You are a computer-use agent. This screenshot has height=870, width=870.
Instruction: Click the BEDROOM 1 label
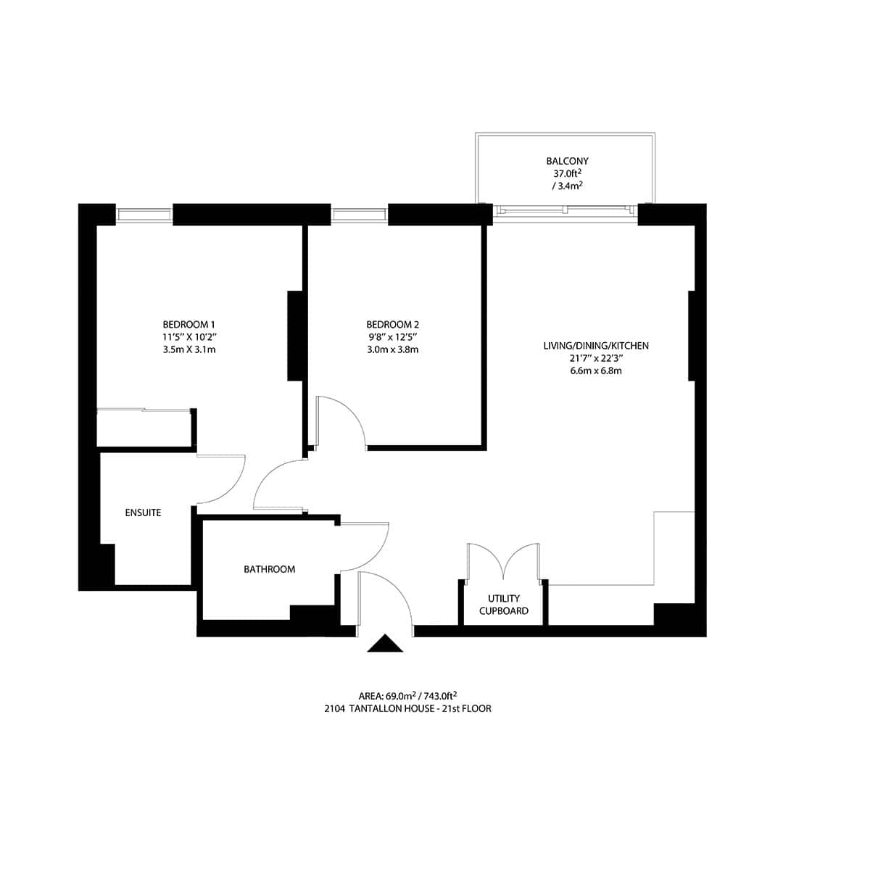click(189, 324)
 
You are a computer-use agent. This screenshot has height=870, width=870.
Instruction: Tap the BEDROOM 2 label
click(393, 324)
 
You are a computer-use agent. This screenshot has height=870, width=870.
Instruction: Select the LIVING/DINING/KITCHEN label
click(596, 346)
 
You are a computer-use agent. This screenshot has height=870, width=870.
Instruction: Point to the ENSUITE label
click(143, 513)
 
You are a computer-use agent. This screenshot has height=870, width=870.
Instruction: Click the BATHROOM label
click(269, 569)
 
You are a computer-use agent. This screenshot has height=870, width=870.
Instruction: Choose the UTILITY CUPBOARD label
click(504, 604)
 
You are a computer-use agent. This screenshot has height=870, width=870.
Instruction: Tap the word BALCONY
click(567, 161)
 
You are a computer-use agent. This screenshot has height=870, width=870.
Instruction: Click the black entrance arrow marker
click(384, 644)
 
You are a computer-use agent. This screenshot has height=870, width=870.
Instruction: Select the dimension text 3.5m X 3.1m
click(189, 349)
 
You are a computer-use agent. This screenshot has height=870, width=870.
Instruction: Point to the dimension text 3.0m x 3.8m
click(393, 349)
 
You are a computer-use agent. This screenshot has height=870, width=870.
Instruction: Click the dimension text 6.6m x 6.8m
click(596, 370)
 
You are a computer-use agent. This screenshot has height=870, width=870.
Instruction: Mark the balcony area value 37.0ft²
click(567, 174)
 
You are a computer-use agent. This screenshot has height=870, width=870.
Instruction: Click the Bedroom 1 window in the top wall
click(144, 215)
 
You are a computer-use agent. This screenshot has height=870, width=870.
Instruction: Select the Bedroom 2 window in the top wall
click(360, 215)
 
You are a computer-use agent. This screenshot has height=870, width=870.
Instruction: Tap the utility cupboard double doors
click(504, 562)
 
